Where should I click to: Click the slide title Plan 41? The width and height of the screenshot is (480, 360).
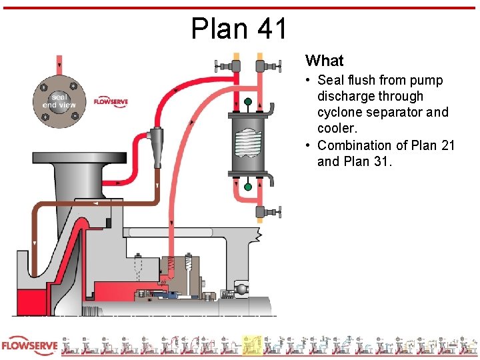point(239,29)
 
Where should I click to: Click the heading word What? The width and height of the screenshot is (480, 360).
point(324,61)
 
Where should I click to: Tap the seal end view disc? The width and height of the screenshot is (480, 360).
point(59,101)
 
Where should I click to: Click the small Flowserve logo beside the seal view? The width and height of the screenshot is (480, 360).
point(111,101)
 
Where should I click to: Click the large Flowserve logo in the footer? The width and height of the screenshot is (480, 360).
point(29,346)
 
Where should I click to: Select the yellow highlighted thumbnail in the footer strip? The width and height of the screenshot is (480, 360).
point(251,345)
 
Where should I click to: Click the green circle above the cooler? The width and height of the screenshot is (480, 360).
point(248,102)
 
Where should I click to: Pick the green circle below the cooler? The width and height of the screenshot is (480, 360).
point(248,187)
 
